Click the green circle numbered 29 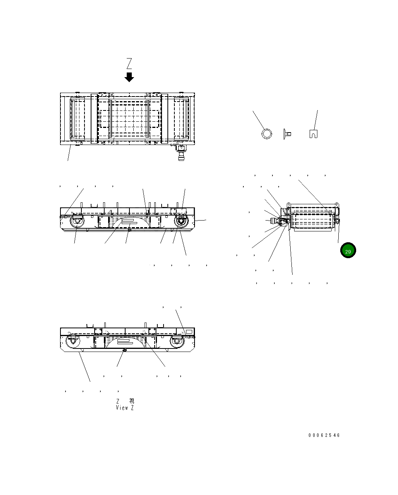click(348, 251)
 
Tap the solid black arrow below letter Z click(129, 77)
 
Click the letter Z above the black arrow click(129, 64)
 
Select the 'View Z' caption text click(125, 408)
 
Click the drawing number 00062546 click(324, 435)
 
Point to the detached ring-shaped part click(267, 134)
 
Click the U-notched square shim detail click(314, 134)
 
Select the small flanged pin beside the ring click(287, 134)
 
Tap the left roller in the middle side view click(77, 222)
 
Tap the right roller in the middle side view click(181, 222)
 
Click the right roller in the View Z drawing click(176, 341)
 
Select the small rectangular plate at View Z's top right click(189, 331)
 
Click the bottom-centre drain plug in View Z click(124, 350)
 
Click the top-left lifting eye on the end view click(289, 204)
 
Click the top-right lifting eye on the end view click(336, 204)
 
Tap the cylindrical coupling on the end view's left click(273, 221)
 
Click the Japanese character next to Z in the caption click(132, 401)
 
